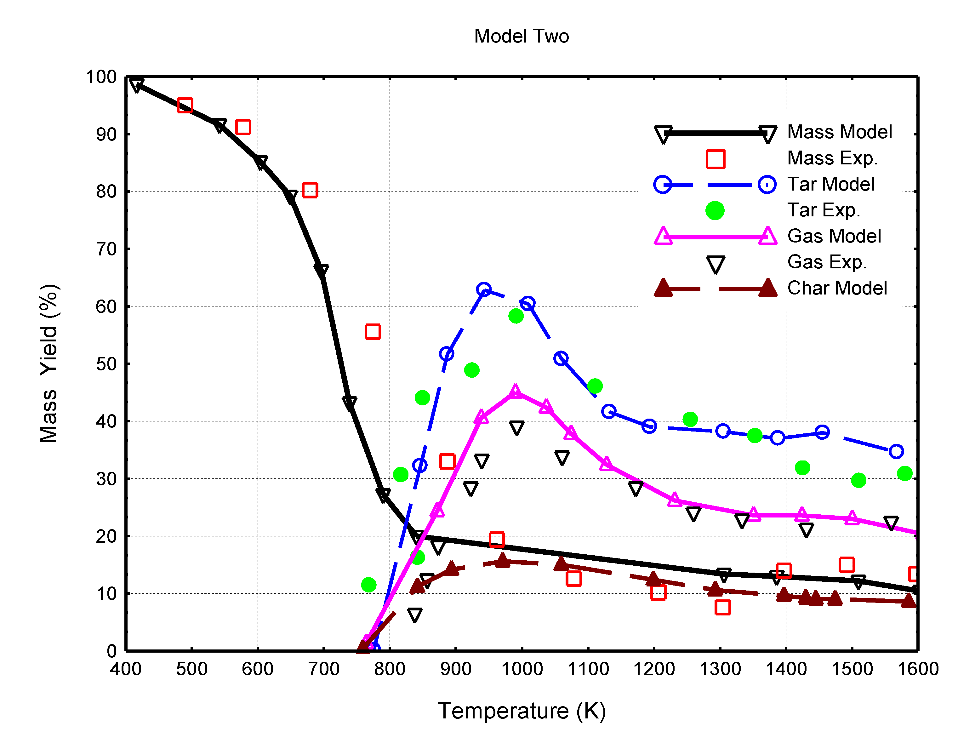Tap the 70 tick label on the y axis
click(106, 249)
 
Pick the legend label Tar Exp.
click(823, 210)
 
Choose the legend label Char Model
click(836, 288)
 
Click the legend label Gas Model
click(833, 236)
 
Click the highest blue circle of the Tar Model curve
click(483, 289)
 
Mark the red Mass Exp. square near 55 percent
click(372, 332)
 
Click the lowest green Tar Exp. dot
click(368, 585)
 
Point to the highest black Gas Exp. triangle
click(516, 427)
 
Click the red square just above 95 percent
click(185, 105)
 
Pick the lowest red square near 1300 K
click(722, 607)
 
